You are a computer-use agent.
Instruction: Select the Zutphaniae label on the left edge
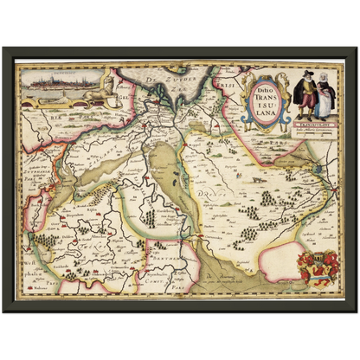click(x=37, y=158)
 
